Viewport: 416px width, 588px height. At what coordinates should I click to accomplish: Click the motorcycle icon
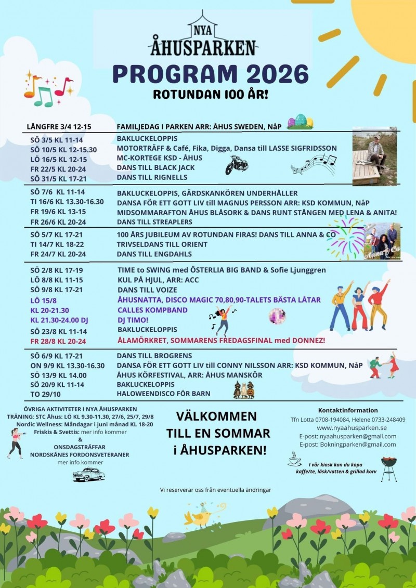(x=236, y=165)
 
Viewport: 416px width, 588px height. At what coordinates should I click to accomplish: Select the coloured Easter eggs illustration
(x=301, y=121)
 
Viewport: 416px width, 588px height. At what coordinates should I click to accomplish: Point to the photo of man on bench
(x=374, y=156)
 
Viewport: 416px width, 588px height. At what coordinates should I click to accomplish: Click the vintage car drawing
(x=88, y=474)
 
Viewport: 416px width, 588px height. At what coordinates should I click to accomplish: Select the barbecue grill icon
(x=388, y=468)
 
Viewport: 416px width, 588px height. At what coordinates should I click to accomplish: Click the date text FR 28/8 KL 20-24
(x=58, y=341)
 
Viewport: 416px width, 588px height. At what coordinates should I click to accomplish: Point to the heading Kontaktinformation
(x=347, y=410)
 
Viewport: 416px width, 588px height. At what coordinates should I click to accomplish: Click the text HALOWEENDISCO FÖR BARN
(x=163, y=394)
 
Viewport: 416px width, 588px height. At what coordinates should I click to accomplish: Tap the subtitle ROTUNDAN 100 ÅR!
(x=210, y=96)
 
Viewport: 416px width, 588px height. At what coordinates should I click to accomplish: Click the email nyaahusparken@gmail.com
(x=347, y=436)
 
